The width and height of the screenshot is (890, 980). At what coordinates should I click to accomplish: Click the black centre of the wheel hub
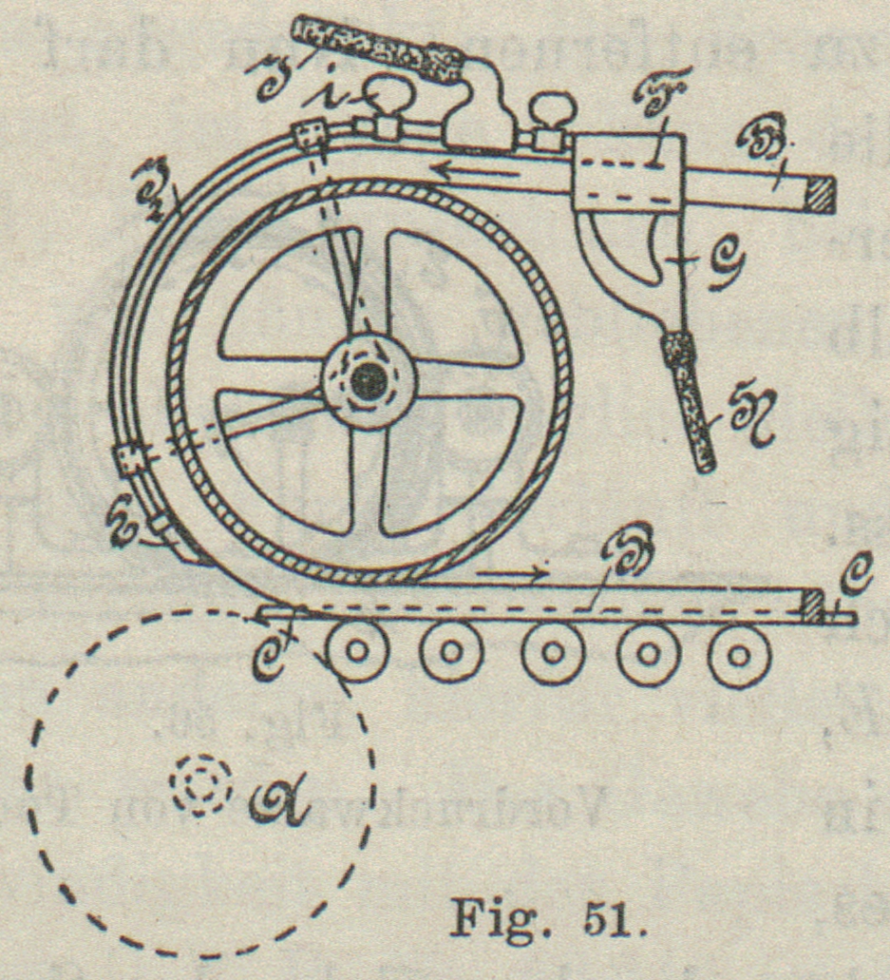click(x=368, y=381)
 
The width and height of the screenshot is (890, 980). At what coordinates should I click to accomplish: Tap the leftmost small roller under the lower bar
click(x=356, y=653)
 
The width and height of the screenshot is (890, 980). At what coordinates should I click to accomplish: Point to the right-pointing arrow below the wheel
click(x=514, y=573)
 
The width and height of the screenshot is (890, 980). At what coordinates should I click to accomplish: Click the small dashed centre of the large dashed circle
click(x=196, y=785)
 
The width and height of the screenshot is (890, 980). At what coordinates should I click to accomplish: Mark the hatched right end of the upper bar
click(x=819, y=195)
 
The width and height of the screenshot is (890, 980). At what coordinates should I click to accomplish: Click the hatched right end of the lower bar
click(x=811, y=606)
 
